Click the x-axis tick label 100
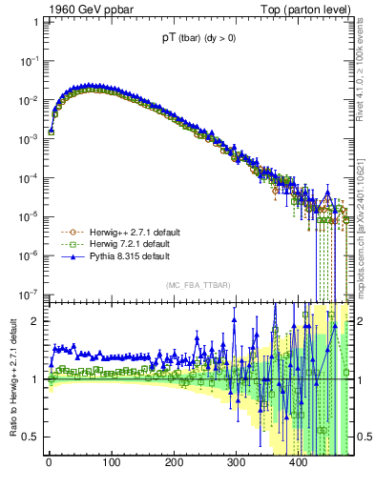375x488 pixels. (x=112, y=466)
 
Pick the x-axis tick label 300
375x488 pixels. (x=236, y=466)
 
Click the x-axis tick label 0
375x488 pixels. (x=49, y=466)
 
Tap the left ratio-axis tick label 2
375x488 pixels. (x=36, y=321)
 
